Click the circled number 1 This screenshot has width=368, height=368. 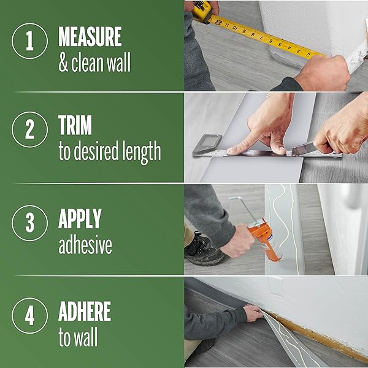(x=29, y=41)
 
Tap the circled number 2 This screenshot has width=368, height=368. (x=29, y=129)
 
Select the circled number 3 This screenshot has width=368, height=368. (x=29, y=223)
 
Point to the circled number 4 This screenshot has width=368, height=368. (x=29, y=316)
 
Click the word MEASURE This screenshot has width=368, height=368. (x=90, y=36)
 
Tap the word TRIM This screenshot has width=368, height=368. (x=75, y=125)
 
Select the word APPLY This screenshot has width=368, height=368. (x=80, y=218)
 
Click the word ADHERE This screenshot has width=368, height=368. (x=85, y=311)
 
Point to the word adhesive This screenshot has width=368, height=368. (x=85, y=245)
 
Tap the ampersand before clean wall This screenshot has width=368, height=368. (x=63, y=63)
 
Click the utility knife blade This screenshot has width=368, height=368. (x=303, y=149)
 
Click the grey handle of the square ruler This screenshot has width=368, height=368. (x=207, y=144)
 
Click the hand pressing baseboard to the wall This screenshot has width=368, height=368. (x=253, y=313)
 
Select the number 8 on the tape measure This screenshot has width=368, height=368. (x=253, y=35)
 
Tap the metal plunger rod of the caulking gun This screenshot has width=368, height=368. (x=244, y=209)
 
